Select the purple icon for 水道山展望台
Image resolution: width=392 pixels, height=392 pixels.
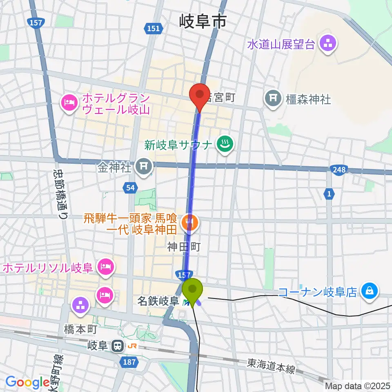click(327, 44)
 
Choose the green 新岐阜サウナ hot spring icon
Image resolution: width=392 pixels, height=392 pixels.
click(225, 145)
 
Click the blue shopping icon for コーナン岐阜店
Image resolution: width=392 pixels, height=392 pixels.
click(370, 292)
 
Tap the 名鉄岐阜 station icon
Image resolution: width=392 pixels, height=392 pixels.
click(187, 302)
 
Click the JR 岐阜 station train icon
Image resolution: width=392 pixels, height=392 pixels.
click(117, 346)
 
